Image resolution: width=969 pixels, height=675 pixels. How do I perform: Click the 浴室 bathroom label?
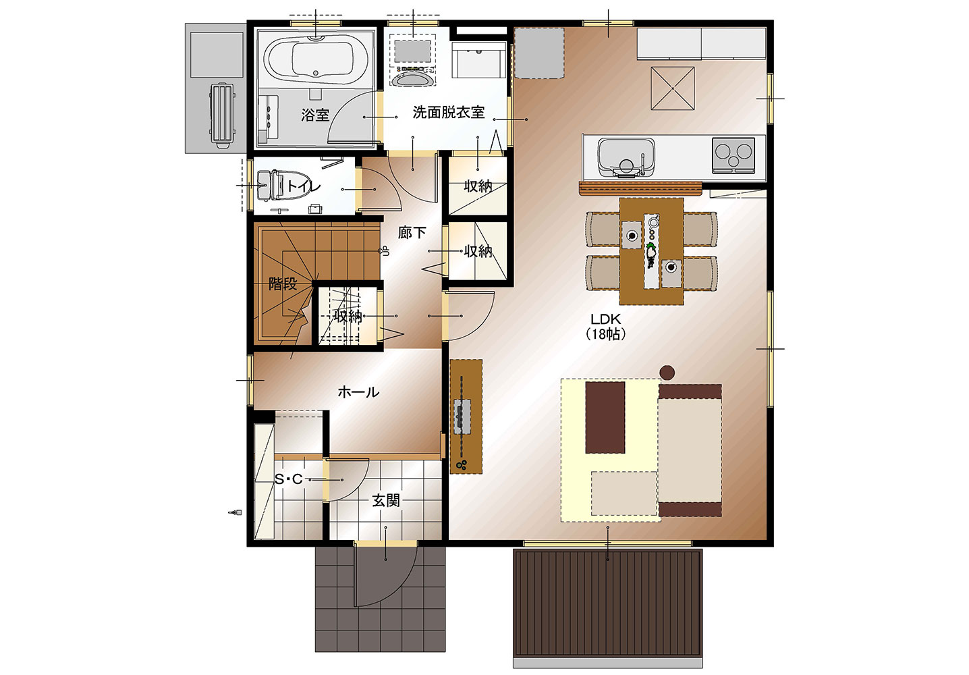(315, 115)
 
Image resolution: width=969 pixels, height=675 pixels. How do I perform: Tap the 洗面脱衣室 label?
(448, 112)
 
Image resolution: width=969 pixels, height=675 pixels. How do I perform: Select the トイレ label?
(303, 186)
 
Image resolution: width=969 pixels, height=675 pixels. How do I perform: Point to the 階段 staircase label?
(283, 284)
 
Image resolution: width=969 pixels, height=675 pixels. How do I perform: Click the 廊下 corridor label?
(412, 233)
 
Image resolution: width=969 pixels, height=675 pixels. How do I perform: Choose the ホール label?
(358, 392)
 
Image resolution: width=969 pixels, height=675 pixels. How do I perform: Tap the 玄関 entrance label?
(386, 501)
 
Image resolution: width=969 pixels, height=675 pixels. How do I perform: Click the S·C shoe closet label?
(289, 479)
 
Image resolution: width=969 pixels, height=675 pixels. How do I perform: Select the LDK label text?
(606, 319)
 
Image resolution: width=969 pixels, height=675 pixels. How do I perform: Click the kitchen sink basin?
(626, 157)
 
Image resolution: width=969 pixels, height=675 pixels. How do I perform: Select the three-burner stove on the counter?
(733, 155)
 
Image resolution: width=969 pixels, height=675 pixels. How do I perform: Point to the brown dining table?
(651, 251)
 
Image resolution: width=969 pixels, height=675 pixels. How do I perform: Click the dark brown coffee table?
(605, 418)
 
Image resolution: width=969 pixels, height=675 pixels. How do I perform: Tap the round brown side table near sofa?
(667, 372)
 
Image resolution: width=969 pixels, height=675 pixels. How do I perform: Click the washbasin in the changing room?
(413, 78)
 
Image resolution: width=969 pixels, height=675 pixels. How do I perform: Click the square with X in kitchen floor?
(673, 88)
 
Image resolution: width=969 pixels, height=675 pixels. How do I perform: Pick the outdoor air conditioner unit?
(222, 115)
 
